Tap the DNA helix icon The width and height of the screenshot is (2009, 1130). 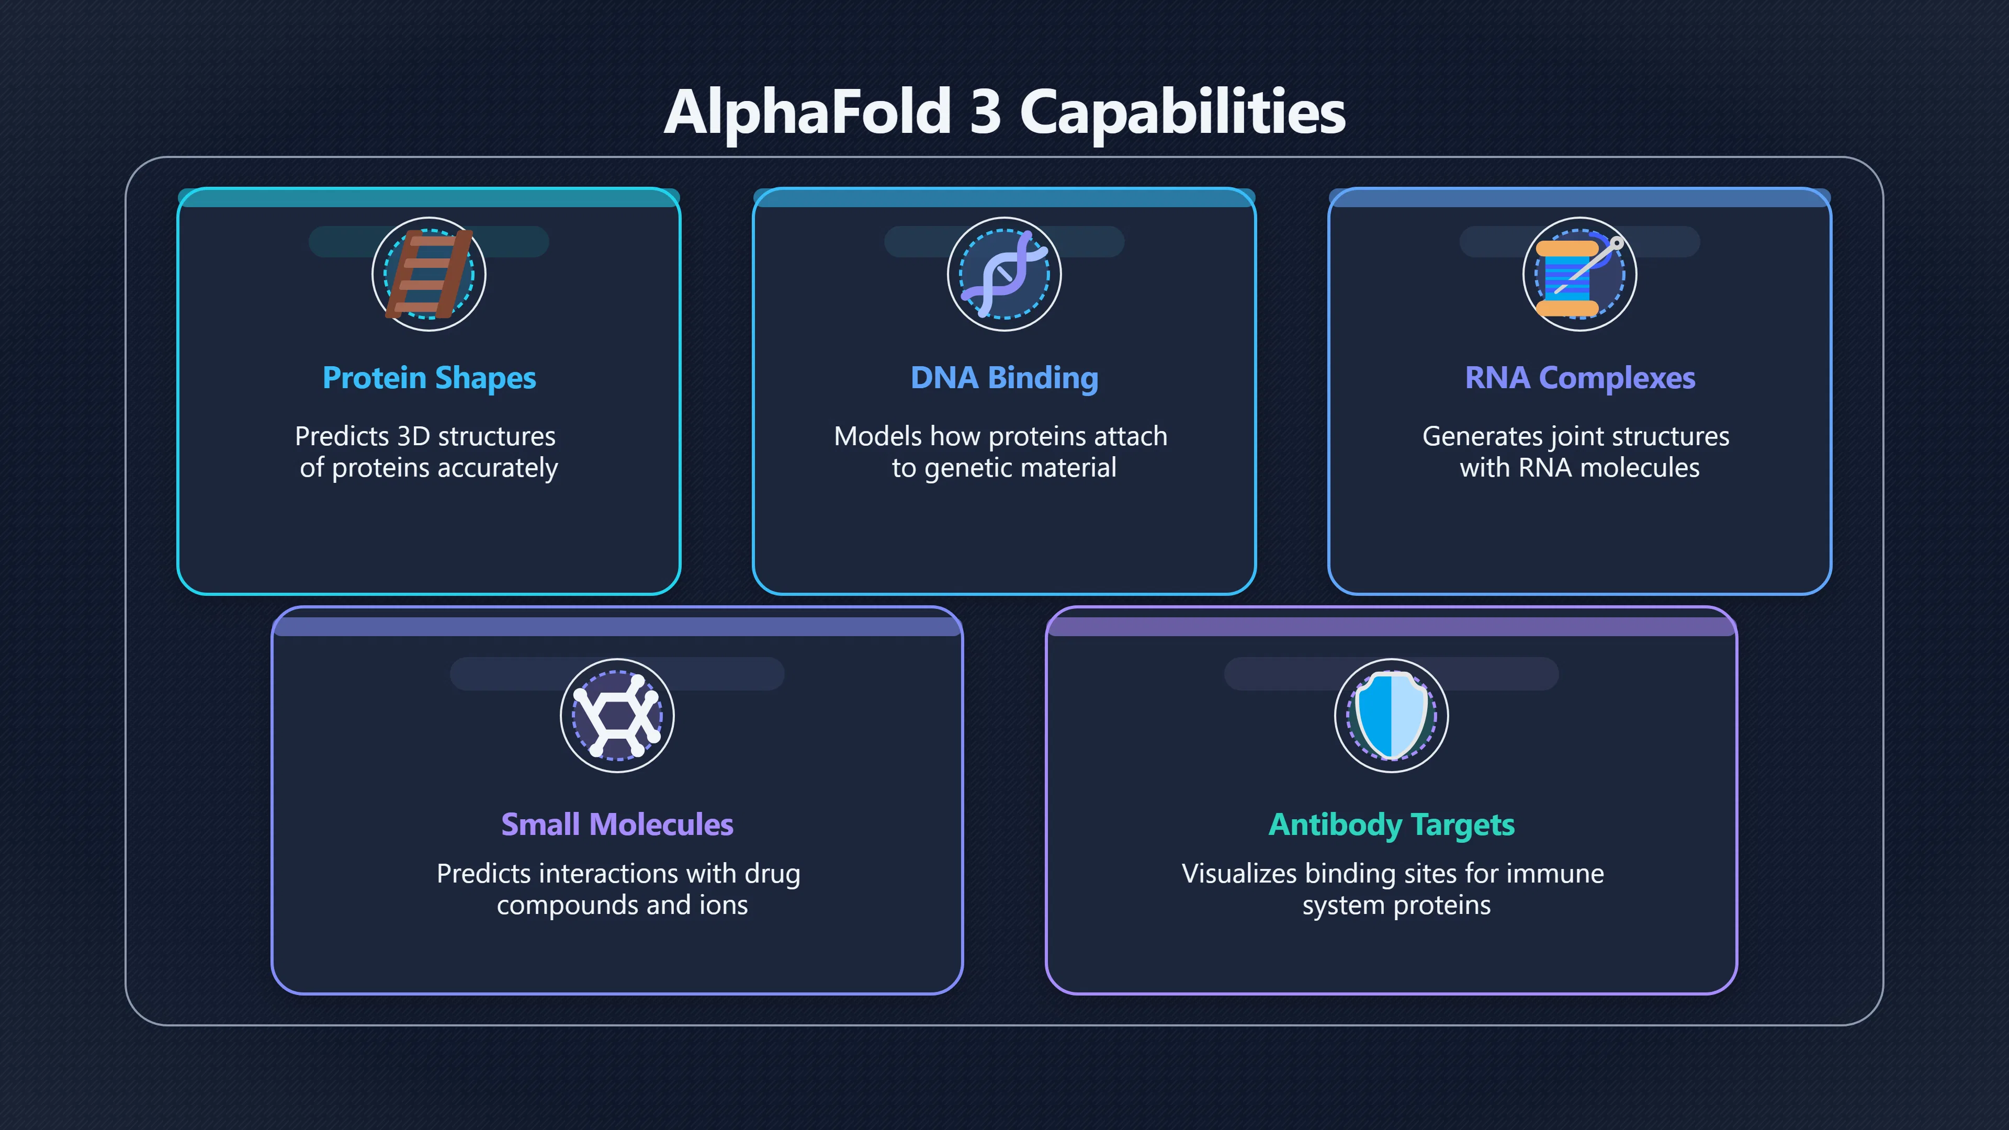click(1004, 274)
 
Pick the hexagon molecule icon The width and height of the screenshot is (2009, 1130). click(617, 716)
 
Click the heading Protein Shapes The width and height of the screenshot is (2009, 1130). click(429, 378)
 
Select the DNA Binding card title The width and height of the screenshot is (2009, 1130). click(1004, 378)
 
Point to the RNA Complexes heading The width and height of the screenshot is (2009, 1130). click(1580, 378)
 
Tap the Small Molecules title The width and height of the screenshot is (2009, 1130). click(617, 824)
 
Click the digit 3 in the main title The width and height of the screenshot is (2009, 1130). click(985, 111)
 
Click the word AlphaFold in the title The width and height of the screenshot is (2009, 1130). click(807, 111)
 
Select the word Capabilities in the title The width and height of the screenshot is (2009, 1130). click(1183, 113)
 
